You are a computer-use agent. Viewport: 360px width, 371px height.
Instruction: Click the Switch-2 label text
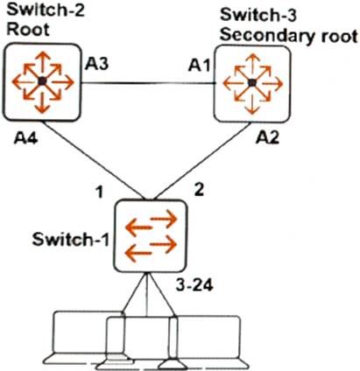click(46, 10)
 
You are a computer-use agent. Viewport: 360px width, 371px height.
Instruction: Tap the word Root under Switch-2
click(28, 30)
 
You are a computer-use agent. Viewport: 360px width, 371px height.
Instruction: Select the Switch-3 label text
click(258, 15)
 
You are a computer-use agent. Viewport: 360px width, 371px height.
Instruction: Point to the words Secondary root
click(289, 36)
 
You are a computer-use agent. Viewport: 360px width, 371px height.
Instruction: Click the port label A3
click(96, 64)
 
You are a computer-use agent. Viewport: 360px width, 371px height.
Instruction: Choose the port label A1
click(199, 65)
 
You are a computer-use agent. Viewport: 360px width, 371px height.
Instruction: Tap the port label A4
click(25, 138)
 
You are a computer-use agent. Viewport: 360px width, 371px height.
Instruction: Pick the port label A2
click(267, 137)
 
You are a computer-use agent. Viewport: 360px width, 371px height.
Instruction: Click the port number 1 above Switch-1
click(101, 192)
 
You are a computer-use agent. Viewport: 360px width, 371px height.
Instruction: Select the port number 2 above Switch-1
click(199, 190)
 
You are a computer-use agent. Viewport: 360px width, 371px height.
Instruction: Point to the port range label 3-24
click(194, 285)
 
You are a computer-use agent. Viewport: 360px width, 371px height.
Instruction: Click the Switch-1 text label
click(71, 240)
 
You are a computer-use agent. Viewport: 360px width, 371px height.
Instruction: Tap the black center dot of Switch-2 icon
click(42, 81)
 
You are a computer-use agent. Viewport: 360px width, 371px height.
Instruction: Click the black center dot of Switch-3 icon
click(251, 83)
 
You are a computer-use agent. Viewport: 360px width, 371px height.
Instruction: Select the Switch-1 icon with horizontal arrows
click(151, 235)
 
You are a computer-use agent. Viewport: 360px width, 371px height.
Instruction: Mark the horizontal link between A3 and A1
click(148, 83)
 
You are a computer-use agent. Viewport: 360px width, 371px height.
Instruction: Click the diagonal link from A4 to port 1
click(94, 161)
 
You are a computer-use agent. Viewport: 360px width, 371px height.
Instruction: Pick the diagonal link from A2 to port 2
click(201, 161)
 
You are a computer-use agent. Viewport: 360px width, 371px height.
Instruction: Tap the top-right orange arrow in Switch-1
click(164, 218)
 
